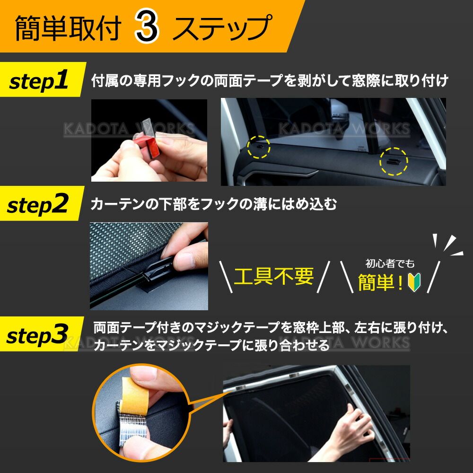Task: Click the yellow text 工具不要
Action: pyautogui.click(x=274, y=276)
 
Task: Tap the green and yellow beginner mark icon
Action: pyautogui.click(x=414, y=282)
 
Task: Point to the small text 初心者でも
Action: pyautogui.click(x=390, y=263)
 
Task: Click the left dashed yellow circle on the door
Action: pyautogui.click(x=259, y=147)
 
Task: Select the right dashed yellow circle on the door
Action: pyautogui.click(x=394, y=161)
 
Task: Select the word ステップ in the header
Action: pyautogui.click(x=222, y=28)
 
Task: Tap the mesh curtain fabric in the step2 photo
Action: pyautogui.click(x=130, y=247)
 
